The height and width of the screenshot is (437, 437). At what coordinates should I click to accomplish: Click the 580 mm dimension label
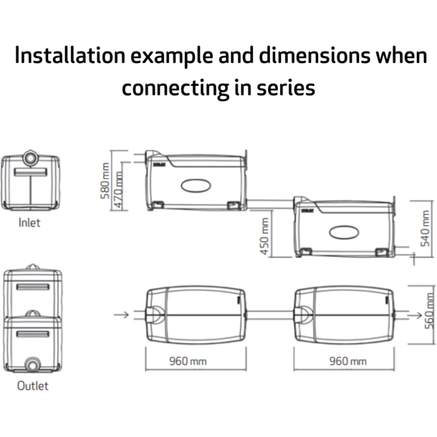(105, 181)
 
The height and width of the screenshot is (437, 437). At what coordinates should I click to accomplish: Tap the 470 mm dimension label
(118, 190)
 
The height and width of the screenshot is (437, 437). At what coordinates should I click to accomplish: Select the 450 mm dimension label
(265, 237)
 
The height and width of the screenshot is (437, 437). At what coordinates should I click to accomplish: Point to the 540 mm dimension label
(425, 228)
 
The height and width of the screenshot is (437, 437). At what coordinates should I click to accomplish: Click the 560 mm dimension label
(430, 310)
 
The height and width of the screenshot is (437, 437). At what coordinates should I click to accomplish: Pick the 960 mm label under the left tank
(188, 361)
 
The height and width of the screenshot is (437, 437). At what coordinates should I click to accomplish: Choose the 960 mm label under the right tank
(348, 361)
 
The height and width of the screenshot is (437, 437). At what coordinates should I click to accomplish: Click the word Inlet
(29, 223)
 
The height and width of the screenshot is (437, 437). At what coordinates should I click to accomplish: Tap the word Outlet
(33, 386)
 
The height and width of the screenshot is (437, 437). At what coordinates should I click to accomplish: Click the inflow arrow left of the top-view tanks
(121, 315)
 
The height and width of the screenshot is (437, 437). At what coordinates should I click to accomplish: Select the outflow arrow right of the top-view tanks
(415, 315)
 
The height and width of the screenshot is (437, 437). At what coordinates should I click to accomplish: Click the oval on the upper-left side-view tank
(196, 186)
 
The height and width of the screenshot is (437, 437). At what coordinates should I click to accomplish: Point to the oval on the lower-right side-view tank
(344, 232)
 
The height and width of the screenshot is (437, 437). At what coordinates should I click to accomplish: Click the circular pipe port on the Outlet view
(33, 365)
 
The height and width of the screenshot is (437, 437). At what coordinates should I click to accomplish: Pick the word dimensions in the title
(315, 55)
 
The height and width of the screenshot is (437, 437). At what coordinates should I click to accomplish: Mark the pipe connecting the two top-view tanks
(270, 315)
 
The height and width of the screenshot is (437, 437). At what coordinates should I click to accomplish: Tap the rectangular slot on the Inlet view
(30, 172)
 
